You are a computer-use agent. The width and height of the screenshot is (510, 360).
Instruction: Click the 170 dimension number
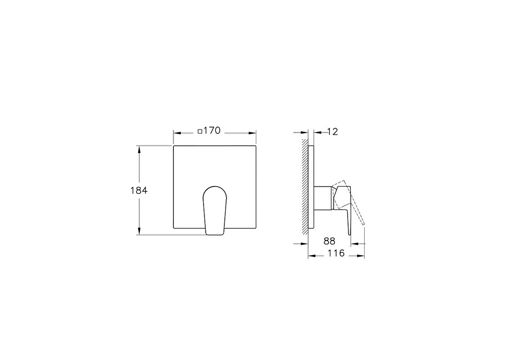coord(212,131)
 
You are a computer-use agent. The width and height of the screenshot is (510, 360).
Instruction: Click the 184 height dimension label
coord(139,190)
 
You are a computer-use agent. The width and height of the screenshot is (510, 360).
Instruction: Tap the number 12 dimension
coord(333,132)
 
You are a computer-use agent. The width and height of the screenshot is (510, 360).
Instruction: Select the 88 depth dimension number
coord(329,241)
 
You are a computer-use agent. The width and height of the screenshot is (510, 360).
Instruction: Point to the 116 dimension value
coord(336,253)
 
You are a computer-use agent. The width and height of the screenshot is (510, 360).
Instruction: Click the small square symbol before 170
coord(200,131)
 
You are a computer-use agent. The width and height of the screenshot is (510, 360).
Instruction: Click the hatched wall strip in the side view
coord(305,187)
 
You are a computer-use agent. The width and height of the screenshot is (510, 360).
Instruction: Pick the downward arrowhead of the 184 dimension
coord(139,231)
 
